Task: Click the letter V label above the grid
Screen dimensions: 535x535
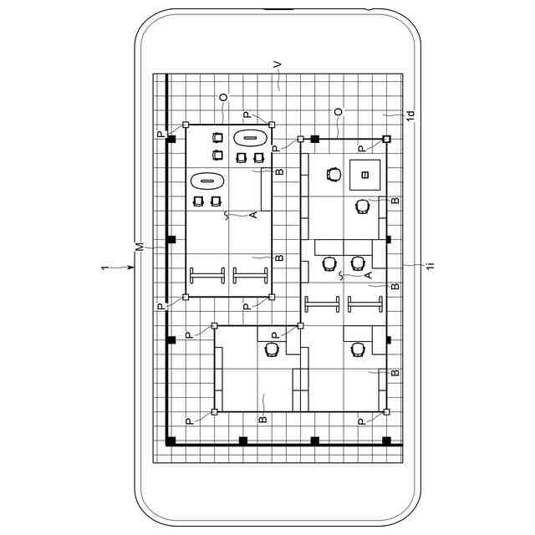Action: pos(278,65)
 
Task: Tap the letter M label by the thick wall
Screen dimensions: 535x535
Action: pos(140,247)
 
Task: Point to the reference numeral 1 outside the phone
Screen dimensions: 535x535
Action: pos(104,268)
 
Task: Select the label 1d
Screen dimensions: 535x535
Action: pos(410,115)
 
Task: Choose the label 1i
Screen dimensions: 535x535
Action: pos(431,266)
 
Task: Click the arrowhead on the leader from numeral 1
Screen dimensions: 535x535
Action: pos(131,267)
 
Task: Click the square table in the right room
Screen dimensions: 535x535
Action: pos(364,175)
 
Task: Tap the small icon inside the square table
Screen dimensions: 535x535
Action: pos(364,175)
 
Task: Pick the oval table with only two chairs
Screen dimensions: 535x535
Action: pos(206,181)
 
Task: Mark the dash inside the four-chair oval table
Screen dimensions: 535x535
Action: pos(250,138)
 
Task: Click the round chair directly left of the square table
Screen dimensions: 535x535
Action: pos(334,174)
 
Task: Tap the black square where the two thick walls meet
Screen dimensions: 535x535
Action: pos(171,441)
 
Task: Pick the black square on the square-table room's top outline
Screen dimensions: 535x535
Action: pos(314,139)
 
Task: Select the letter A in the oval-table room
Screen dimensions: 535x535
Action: pos(252,215)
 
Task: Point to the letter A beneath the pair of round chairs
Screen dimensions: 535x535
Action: pos(368,275)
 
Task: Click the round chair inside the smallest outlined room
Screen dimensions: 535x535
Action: pos(272,349)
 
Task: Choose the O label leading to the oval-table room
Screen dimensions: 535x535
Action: pos(223,98)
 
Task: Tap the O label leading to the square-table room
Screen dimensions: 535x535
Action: pos(338,112)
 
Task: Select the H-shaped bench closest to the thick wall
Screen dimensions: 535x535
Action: pos(206,275)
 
